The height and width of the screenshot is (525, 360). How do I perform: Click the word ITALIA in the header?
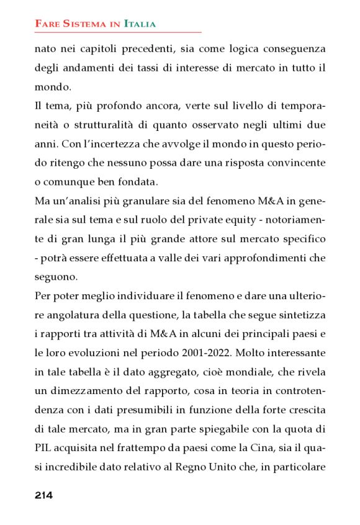click(x=140, y=24)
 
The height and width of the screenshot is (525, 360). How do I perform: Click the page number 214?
click(x=43, y=495)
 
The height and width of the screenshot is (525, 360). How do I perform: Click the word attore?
click(x=215, y=240)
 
